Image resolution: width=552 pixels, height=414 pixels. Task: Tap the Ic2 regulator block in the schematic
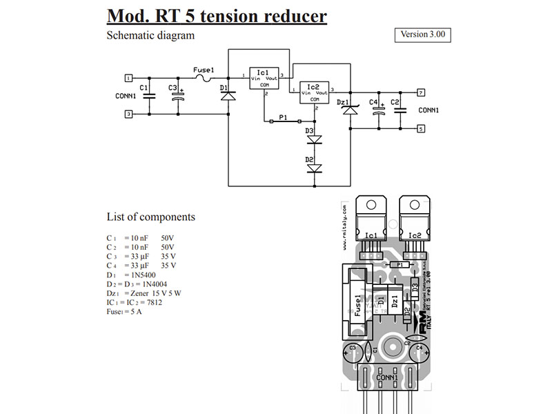[x=313, y=92]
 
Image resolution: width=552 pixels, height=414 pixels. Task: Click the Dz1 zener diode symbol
[x=351, y=110]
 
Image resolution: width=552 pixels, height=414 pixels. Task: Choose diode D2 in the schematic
[x=315, y=168]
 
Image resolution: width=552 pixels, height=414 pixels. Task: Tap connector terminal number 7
[x=421, y=92]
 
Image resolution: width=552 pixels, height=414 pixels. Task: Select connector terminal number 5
[x=421, y=128]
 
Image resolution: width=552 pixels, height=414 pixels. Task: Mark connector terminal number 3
[x=128, y=115]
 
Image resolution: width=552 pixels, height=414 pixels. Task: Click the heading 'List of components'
[x=150, y=217]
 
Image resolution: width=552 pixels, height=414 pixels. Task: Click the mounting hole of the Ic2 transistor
[x=414, y=205]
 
